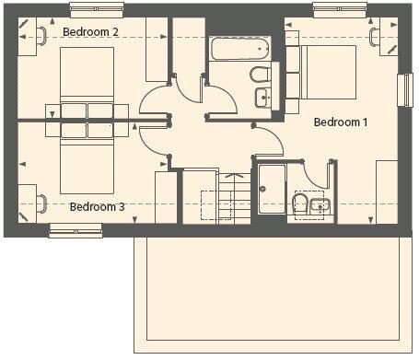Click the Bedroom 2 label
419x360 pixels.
point(90,31)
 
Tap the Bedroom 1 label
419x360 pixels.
point(341,122)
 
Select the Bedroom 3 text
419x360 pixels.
point(98,206)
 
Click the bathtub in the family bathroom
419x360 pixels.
point(240,48)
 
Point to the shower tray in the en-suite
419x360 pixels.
point(272,189)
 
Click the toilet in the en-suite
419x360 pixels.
point(300,204)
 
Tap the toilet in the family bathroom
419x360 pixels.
point(261,75)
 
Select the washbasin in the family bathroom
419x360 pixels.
point(263,98)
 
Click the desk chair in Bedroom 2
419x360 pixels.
point(42,36)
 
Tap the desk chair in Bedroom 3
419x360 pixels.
point(42,203)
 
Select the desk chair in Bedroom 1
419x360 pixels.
point(375,37)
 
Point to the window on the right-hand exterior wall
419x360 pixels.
point(405,90)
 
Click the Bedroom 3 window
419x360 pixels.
point(76,231)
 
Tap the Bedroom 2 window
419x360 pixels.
point(97,10)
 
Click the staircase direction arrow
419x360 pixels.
point(234,176)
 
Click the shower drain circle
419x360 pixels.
point(262,189)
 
